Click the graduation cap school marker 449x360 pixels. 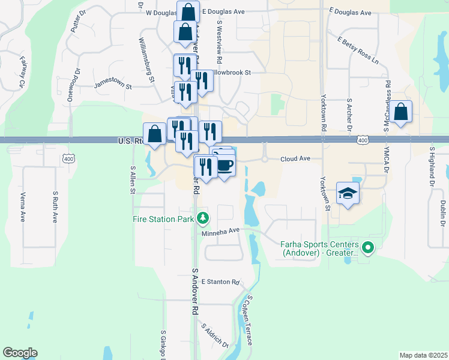348,193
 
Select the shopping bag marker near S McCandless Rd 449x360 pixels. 402,111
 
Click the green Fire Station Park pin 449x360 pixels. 203,218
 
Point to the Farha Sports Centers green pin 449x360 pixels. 369,246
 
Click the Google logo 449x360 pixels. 20,353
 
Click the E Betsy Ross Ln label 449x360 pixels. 358,51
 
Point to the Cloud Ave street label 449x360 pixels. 295,159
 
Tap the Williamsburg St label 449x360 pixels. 146,59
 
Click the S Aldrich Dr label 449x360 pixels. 215,337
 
